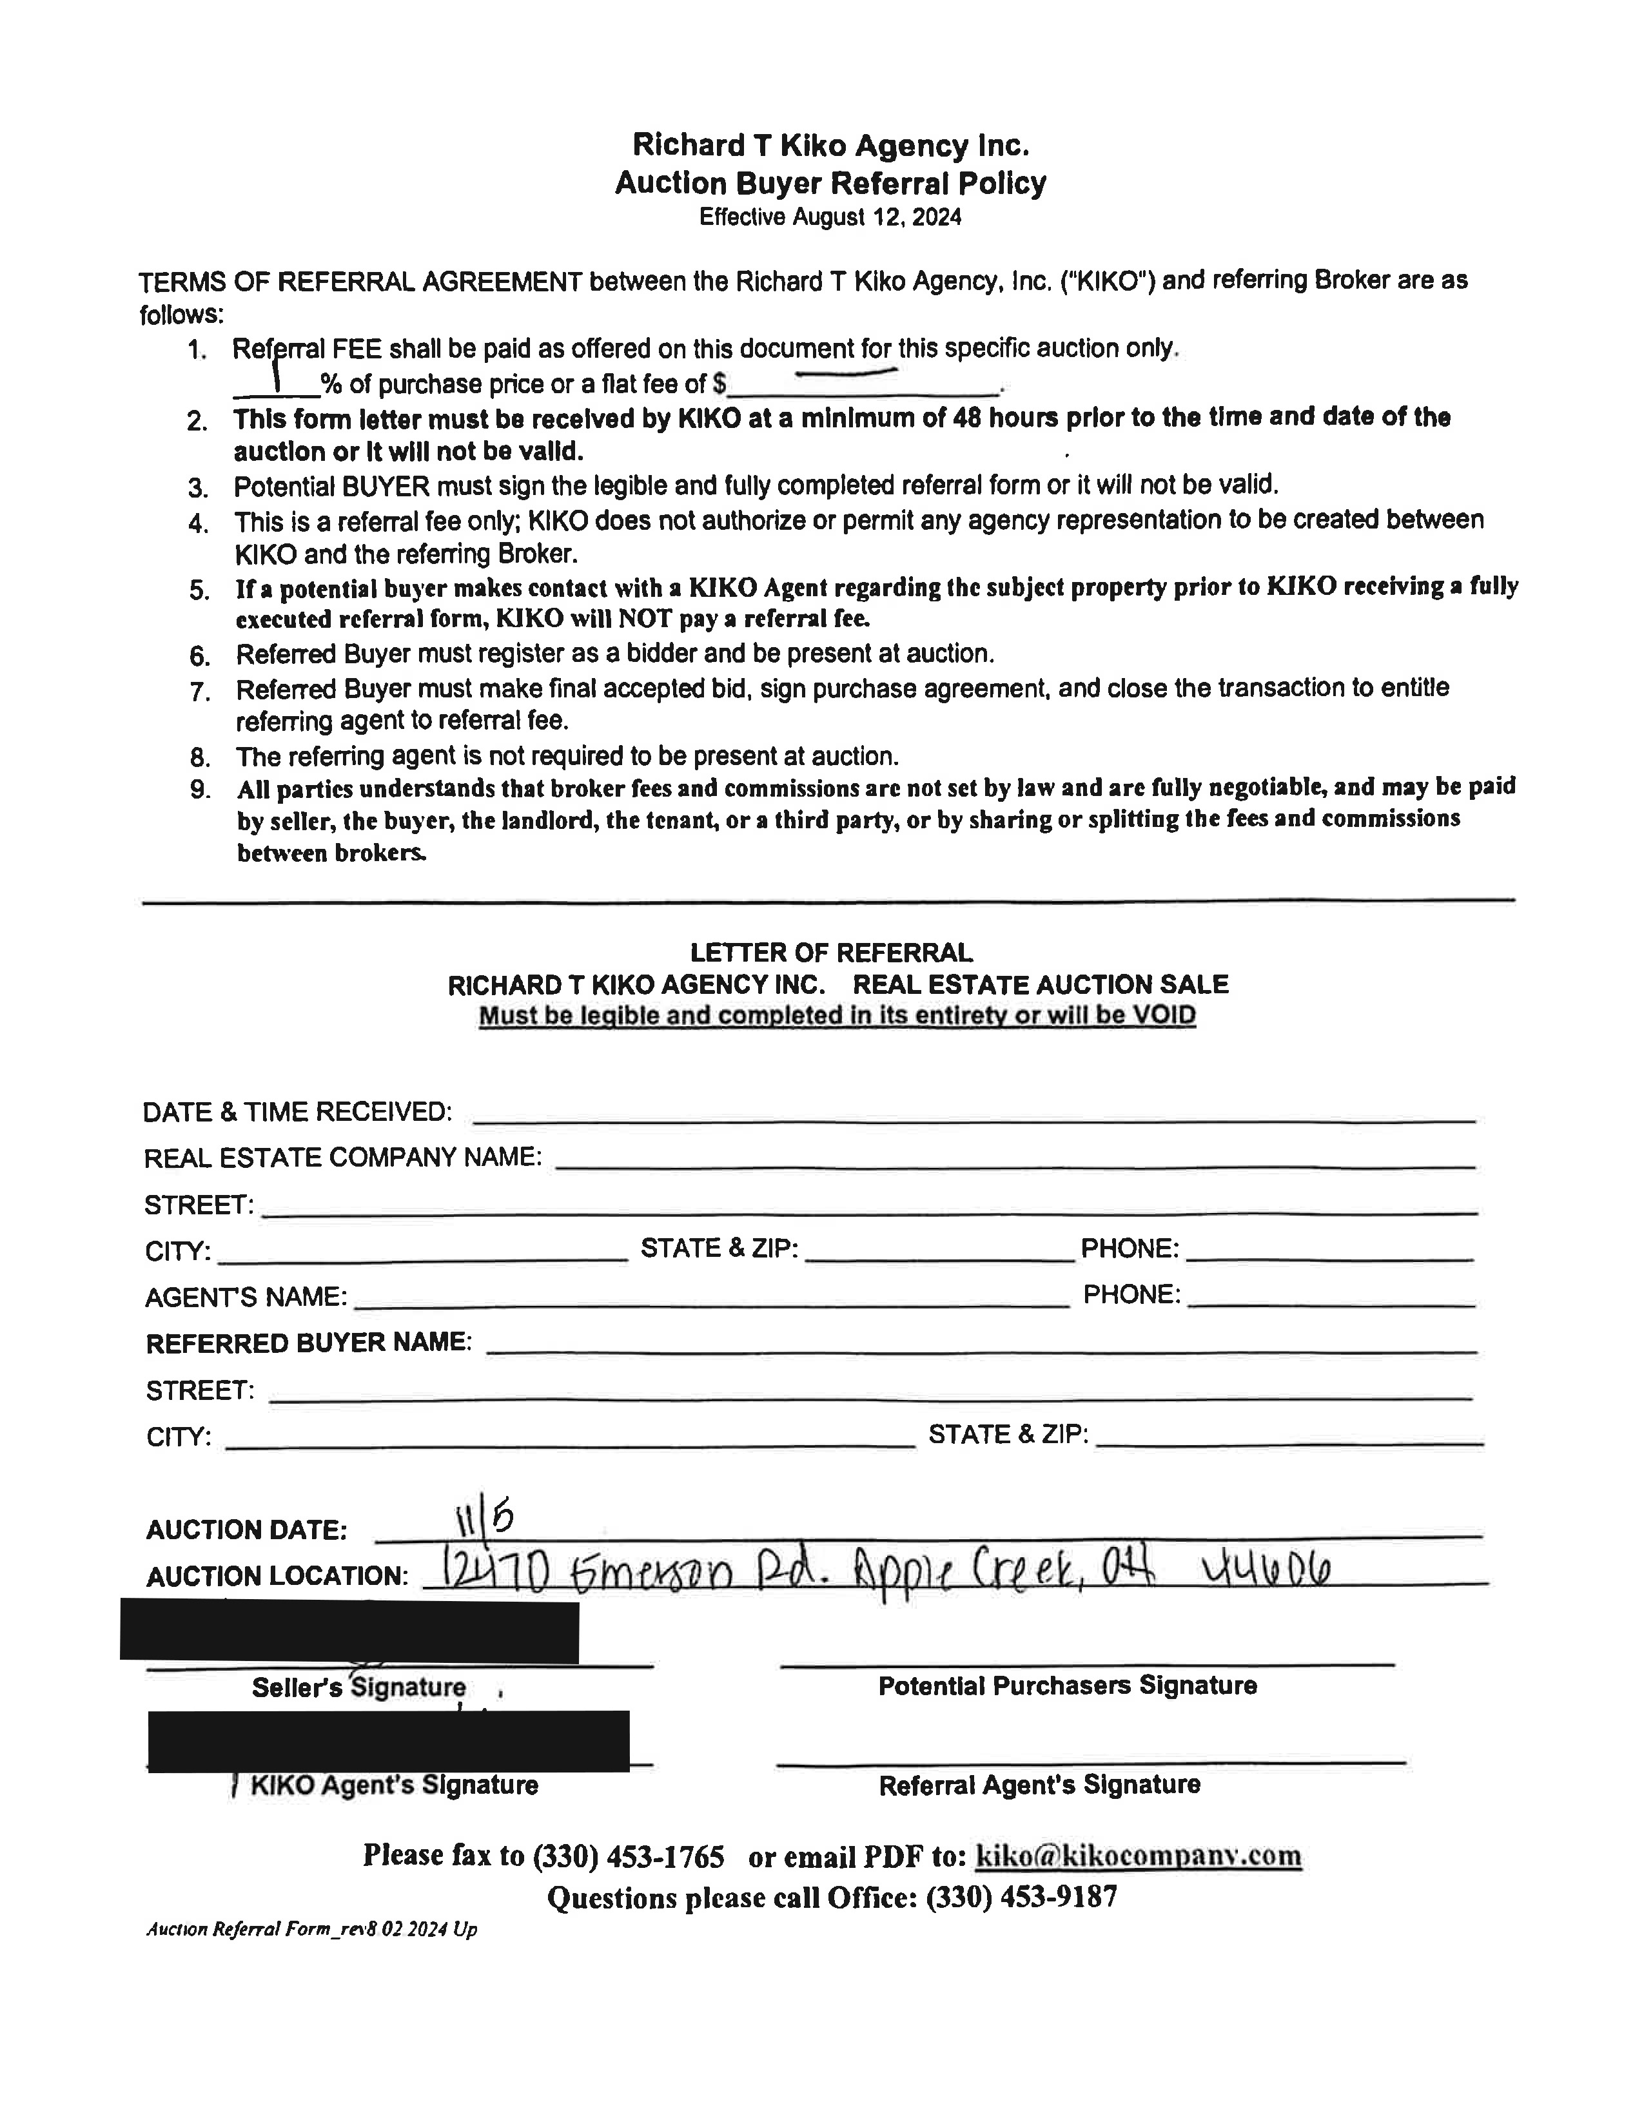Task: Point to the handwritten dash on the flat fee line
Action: [x=845, y=370]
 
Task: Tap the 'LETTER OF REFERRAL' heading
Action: [x=831, y=953]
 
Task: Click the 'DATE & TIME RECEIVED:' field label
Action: [x=297, y=1112]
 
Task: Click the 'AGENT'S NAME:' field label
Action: [x=246, y=1297]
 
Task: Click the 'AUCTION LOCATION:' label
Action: [x=277, y=1577]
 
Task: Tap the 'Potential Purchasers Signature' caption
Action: [x=1068, y=1686]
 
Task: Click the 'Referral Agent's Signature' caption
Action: [x=1039, y=1785]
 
